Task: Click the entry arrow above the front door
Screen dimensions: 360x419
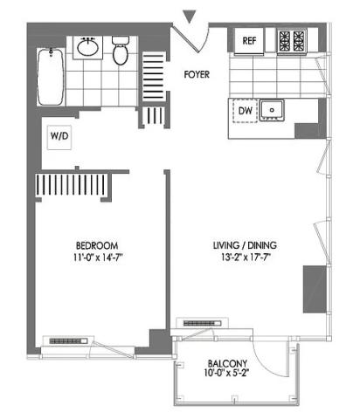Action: [190, 17]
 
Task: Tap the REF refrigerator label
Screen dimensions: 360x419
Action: [249, 41]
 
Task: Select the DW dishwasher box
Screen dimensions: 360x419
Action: [245, 110]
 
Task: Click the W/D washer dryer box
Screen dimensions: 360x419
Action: [59, 136]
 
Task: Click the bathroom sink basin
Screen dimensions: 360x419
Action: [87, 47]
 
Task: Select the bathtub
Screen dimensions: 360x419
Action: [50, 77]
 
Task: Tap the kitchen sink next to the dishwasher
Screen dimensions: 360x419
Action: [272, 110]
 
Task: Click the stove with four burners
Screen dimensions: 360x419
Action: [292, 41]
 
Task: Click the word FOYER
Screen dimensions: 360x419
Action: [197, 74]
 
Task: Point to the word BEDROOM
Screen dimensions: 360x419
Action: [97, 245]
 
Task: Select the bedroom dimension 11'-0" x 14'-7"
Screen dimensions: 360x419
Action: [97, 258]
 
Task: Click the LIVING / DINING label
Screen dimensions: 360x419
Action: [245, 245]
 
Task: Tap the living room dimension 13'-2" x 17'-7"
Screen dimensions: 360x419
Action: [245, 258]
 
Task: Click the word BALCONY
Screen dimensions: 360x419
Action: [227, 363]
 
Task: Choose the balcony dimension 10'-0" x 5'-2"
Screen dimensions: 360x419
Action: [226, 373]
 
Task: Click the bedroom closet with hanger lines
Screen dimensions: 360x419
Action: [73, 185]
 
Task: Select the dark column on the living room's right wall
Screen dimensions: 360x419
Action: [315, 289]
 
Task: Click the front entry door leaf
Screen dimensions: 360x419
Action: [186, 38]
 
